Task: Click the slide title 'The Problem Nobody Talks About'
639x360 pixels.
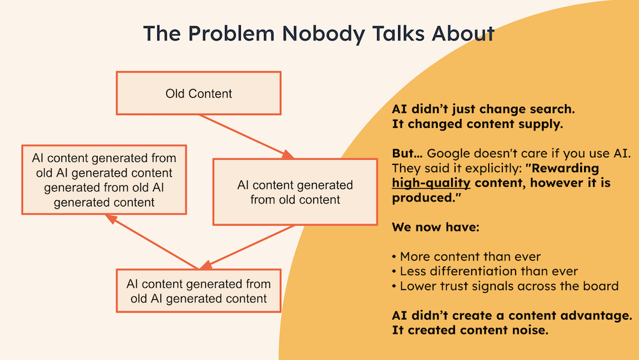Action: click(318, 33)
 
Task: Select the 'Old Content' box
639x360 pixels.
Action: click(199, 93)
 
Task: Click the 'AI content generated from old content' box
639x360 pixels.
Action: click(295, 192)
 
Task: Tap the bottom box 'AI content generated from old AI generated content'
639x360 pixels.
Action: click(198, 291)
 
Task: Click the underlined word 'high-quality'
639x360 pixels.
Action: click(431, 183)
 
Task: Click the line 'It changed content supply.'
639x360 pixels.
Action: click(477, 124)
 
